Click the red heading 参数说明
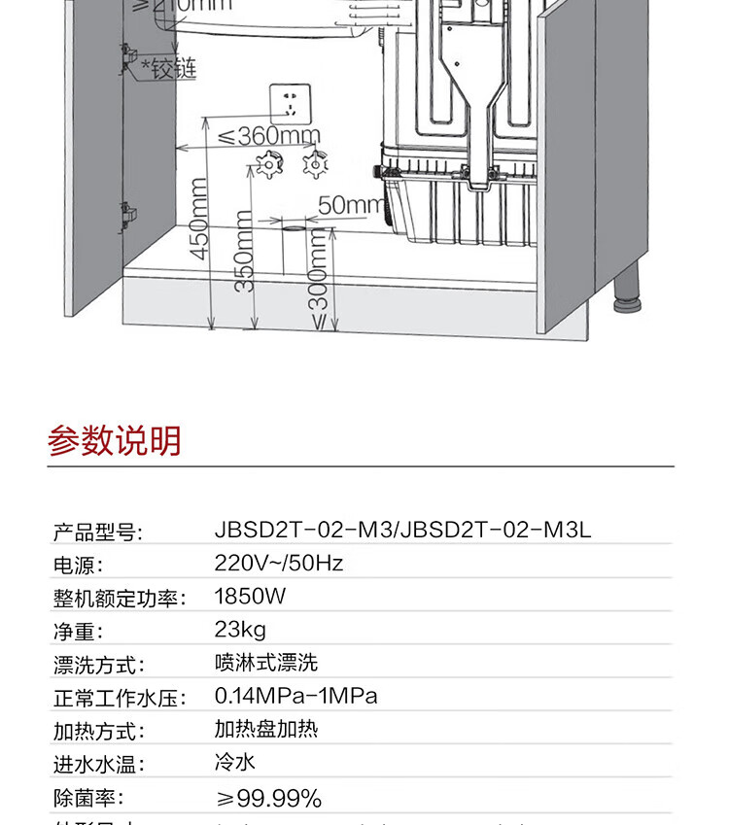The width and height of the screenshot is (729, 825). (115, 441)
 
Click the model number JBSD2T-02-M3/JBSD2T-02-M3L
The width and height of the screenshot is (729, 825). (402, 530)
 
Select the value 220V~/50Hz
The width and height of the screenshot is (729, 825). (279, 563)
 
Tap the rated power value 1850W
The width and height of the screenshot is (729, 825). (251, 596)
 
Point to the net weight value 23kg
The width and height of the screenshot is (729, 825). (240, 629)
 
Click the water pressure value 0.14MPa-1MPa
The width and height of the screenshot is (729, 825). (295, 696)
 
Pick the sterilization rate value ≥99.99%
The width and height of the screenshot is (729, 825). (267, 798)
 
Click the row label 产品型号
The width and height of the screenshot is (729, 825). (97, 532)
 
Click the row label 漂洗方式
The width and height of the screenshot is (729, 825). (98, 666)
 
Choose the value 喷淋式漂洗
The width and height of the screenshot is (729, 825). (265, 663)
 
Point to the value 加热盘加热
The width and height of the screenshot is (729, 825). (265, 729)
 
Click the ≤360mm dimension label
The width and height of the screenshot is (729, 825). (268, 135)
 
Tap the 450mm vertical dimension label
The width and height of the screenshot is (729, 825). (198, 219)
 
